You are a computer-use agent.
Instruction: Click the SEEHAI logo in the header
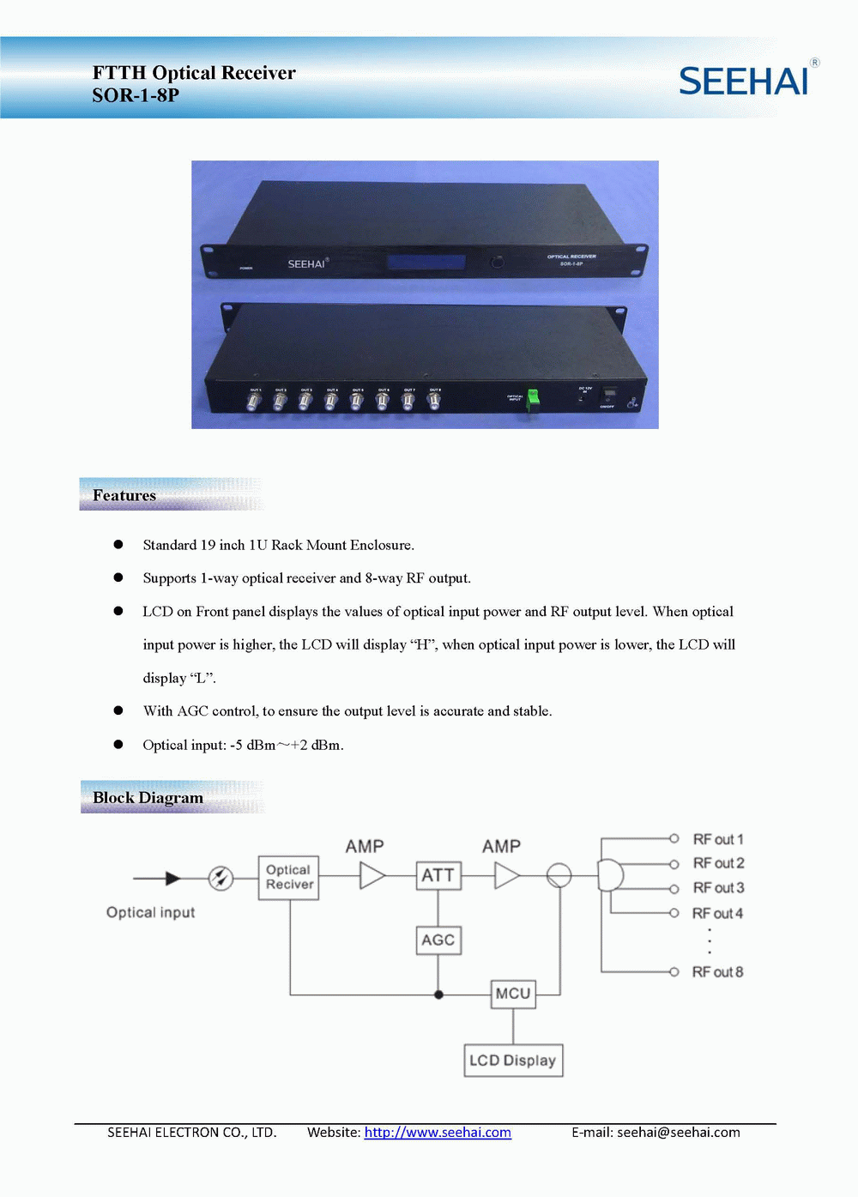(744, 81)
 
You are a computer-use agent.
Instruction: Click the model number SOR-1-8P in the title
(136, 95)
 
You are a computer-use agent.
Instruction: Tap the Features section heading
(124, 495)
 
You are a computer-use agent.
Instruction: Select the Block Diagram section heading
(148, 797)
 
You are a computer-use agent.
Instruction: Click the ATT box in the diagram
(438, 875)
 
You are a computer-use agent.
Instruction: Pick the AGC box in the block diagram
(438, 940)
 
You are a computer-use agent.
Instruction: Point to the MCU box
(513, 994)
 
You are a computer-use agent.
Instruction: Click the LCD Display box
(513, 1060)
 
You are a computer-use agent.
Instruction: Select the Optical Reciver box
(289, 877)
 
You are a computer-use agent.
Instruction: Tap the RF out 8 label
(717, 972)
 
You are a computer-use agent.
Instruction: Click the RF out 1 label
(718, 839)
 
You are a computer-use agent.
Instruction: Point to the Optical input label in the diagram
(150, 912)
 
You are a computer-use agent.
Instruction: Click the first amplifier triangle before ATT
(372, 875)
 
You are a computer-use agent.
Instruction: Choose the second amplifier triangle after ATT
(506, 875)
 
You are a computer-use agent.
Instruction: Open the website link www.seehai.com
(438, 1133)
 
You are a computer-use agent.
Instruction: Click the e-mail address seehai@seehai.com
(678, 1133)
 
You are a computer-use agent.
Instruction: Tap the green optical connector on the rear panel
(533, 397)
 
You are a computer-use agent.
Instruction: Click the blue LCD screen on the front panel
(426, 263)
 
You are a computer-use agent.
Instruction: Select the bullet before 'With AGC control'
(118, 710)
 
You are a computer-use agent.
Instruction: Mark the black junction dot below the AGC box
(438, 994)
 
